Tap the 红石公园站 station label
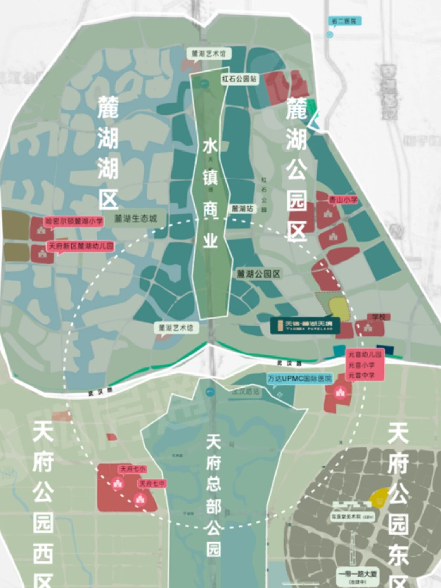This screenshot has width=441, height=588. click(239, 79)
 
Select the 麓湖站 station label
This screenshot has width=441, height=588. click(243, 209)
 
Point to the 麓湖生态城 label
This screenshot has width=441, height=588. click(136, 219)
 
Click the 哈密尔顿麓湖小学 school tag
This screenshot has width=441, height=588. click(74, 221)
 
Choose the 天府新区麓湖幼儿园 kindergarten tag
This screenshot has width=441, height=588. click(81, 246)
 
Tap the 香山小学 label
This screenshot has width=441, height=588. click(343, 200)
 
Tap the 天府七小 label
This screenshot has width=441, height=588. click(132, 469)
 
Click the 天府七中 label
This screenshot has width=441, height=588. click(152, 484)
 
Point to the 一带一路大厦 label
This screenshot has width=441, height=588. click(357, 574)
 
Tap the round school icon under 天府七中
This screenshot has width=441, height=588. click(140, 499)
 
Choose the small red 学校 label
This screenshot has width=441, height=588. click(376, 316)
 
